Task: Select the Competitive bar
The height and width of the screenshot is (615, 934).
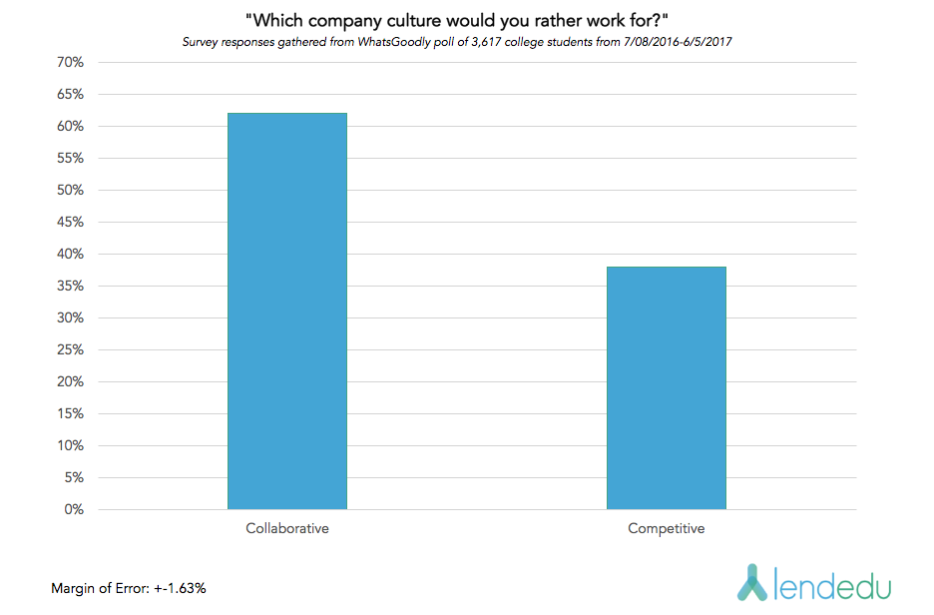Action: click(x=666, y=388)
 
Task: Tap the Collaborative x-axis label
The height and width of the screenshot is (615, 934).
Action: click(x=287, y=528)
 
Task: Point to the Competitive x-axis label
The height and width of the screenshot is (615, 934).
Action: click(x=666, y=528)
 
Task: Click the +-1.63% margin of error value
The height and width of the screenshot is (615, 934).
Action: click(x=180, y=589)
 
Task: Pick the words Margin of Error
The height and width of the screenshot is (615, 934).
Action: click(x=100, y=589)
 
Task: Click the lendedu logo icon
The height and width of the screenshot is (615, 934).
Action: click(x=752, y=582)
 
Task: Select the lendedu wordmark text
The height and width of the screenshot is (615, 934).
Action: click(x=833, y=583)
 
